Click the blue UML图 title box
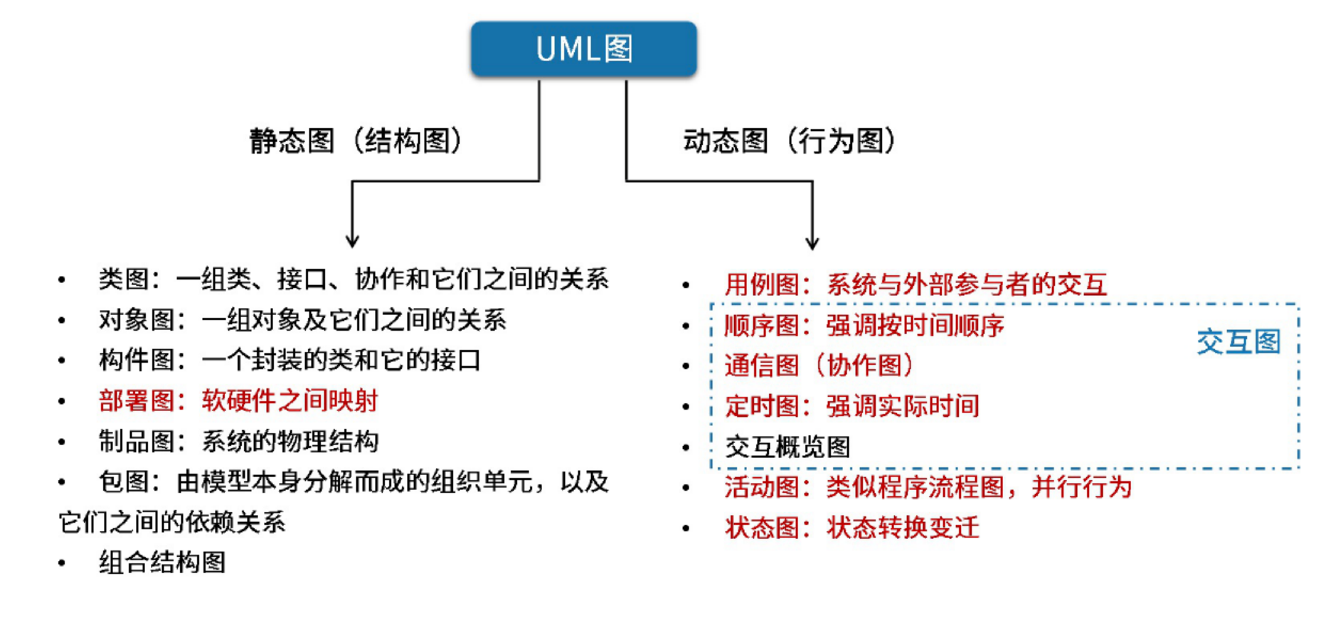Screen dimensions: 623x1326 coord(583,49)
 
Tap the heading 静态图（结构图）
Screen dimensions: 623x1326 coord(356,141)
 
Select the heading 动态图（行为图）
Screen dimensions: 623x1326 coord(789,141)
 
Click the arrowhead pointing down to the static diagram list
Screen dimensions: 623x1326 coord(352,240)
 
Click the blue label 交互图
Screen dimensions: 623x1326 coord(1239,342)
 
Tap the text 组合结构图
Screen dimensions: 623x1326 coord(162,563)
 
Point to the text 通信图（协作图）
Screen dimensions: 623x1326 coord(819,366)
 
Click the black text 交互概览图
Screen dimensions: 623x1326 coord(787,447)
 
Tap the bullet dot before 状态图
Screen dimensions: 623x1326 coord(686,528)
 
